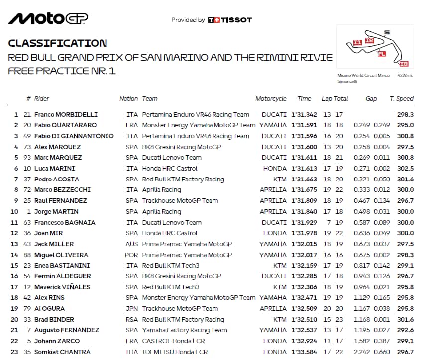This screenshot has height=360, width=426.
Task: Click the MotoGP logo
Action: [48, 18]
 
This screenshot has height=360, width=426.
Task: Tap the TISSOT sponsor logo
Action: [230, 20]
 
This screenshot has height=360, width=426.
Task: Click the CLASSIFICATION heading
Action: [57, 43]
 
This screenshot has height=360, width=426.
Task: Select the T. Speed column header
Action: [401, 99]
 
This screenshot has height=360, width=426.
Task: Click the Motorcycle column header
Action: [271, 99]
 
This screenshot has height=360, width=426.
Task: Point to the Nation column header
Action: [128, 99]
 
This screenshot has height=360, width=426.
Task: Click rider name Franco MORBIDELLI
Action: [66, 114]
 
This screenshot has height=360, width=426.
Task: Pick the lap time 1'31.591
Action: [304, 125]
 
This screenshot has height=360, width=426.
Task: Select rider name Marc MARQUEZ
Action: [58, 158]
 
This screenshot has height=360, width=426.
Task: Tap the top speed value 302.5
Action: [405, 169]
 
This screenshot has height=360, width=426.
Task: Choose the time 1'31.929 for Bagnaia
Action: [304, 222]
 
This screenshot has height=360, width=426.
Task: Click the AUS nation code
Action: [132, 244]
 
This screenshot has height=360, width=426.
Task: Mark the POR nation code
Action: [132, 255]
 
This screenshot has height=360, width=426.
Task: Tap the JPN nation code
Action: [132, 308]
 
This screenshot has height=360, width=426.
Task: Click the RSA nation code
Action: [132, 319]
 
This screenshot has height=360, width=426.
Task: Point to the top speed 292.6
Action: [405, 330]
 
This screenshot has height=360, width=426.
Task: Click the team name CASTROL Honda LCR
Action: [173, 341]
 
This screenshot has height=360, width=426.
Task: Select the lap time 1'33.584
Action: [304, 352]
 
